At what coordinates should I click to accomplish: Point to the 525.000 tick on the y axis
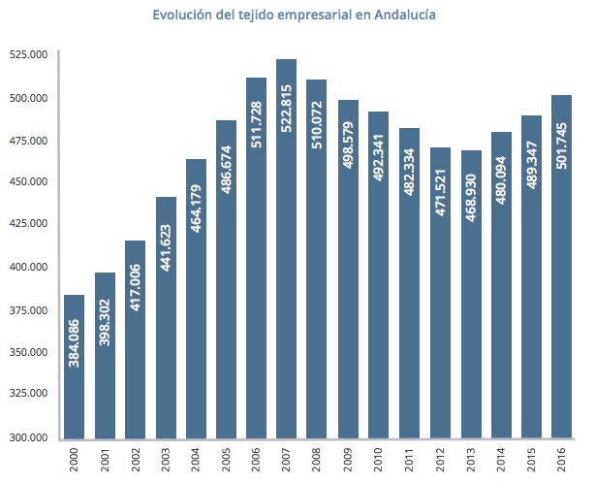[x=30, y=55]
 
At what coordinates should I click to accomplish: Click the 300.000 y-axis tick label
[x=30, y=436]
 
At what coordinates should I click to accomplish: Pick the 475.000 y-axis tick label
[x=30, y=140]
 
